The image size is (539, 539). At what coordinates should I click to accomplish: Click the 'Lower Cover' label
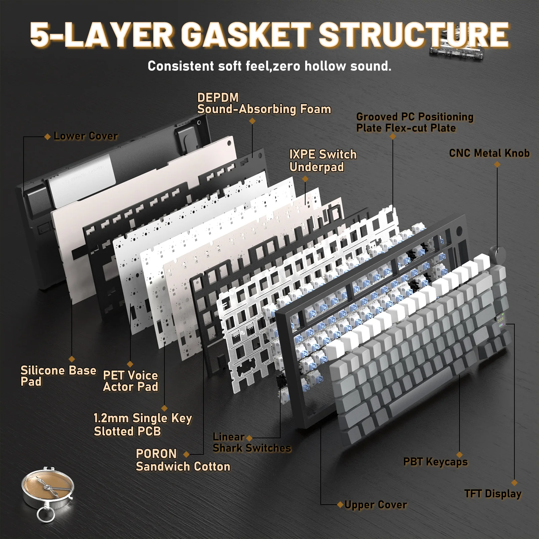tap(86, 136)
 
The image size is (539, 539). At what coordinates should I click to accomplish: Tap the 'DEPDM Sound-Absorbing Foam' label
tap(264, 103)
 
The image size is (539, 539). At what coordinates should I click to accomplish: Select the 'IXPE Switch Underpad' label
tap(323, 161)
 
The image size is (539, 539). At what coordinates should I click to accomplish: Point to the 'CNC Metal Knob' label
tap(489, 153)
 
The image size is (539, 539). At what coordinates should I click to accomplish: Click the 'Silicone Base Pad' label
tap(58, 376)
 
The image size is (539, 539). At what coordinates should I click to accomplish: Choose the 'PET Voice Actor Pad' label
tap(130, 381)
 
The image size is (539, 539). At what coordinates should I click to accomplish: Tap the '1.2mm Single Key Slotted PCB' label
tap(142, 424)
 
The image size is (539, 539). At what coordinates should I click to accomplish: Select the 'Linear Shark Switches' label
tap(252, 442)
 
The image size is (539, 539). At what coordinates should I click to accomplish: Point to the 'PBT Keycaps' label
tap(435, 462)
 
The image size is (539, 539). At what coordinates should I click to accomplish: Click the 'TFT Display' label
tap(493, 494)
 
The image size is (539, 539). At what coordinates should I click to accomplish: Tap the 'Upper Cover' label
tap(376, 505)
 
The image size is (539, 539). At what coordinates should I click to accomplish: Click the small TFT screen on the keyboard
tap(500, 319)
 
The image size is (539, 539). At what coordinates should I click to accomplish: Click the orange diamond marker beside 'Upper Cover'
tap(340, 505)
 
